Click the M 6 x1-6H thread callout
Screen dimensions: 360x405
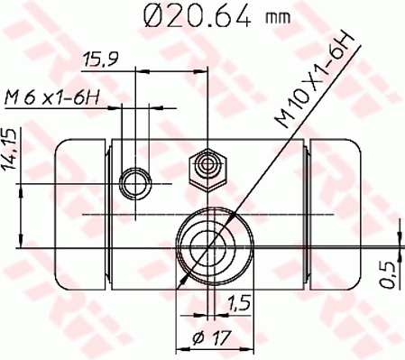point(51,97)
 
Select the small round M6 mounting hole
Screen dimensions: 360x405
point(136,184)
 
